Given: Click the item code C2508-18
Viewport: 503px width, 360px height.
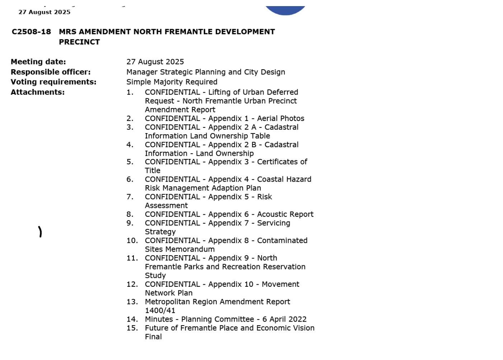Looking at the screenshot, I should [31, 32].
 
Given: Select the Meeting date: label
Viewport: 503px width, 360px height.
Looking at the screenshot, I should [38, 62].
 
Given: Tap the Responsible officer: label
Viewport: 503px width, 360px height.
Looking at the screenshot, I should [51, 72].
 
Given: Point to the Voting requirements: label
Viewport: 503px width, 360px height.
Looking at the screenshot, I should [53, 82].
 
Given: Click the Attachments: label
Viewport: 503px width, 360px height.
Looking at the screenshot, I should [38, 92].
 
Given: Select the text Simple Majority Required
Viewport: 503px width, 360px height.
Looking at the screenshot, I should [172, 82].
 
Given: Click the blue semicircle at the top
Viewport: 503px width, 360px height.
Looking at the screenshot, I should [285, 10].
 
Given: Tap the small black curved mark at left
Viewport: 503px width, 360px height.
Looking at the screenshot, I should [40, 232].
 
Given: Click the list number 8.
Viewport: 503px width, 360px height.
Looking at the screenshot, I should [130, 215].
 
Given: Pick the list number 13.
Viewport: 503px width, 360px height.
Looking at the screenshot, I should [132, 302].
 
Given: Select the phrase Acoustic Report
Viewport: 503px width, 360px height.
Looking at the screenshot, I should [285, 215].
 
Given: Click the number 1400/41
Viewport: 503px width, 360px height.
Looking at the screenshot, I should [160, 311].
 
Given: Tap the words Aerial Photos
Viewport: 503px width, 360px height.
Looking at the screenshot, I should [281, 119].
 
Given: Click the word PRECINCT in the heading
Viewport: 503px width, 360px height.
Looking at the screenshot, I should [79, 42].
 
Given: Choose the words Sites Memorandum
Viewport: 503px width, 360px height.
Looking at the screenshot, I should [180, 249].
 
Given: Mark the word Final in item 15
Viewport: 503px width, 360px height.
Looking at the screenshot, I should [153, 337].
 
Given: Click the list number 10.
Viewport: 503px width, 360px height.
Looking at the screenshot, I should [132, 241].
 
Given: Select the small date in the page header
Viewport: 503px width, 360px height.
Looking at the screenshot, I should [44, 12].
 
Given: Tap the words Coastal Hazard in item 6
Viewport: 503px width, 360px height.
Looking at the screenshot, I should [284, 179].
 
